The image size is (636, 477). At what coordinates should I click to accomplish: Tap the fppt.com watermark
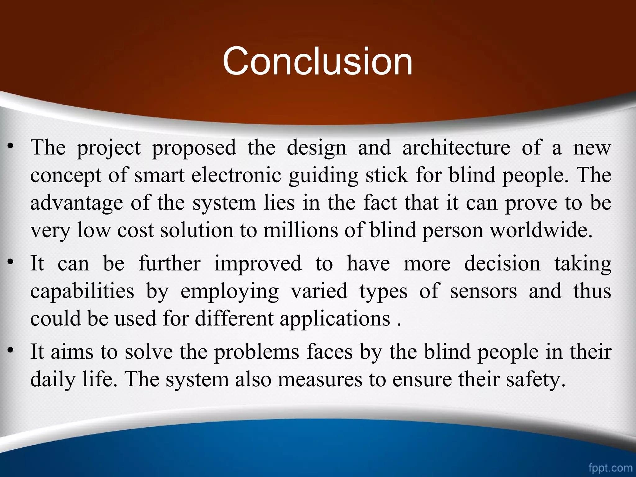(x=610, y=468)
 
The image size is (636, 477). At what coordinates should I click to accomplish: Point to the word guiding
(x=323, y=176)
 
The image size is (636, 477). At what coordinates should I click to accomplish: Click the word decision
(x=502, y=263)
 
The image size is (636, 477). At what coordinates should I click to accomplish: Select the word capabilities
(x=82, y=292)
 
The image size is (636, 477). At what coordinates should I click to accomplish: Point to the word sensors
(x=484, y=291)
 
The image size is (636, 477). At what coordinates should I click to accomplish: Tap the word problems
(x=256, y=352)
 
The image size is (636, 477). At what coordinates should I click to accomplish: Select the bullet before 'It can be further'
(x=11, y=263)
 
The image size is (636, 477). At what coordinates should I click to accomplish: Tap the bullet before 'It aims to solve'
(x=11, y=351)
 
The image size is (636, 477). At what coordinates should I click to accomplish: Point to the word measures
(x=320, y=380)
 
